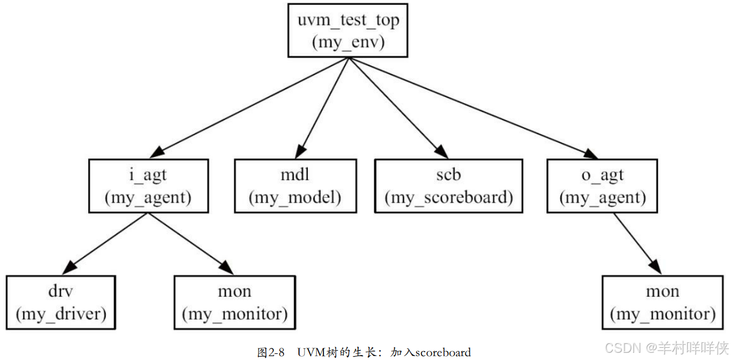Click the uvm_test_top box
click(348, 31)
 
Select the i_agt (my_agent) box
click(148, 186)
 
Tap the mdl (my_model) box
click(295, 186)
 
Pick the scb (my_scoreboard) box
click(448, 186)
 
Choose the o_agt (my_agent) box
click(602, 186)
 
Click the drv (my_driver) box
click(61, 302)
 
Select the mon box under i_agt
click(235, 302)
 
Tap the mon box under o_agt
click(662, 302)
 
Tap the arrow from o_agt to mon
click(637, 244)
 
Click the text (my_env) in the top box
click(348, 43)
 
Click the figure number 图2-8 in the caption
click(271, 352)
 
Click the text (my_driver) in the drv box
click(61, 314)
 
